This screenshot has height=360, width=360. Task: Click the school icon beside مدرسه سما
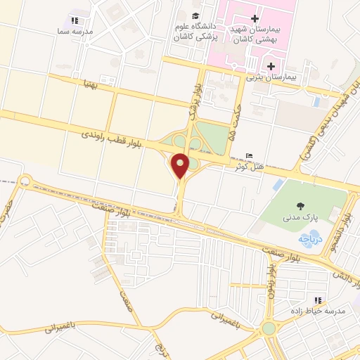(76, 21)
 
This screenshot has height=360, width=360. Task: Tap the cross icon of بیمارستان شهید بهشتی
(255, 18)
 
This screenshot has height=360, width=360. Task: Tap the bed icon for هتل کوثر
(249, 155)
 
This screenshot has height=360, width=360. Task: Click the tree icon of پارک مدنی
(301, 206)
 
